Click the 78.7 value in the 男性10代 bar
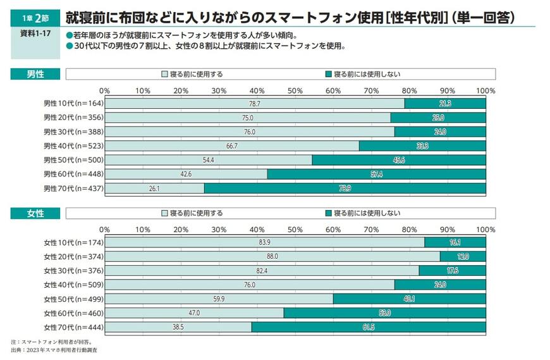(x=255, y=103)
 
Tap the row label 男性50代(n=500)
(x=73, y=160)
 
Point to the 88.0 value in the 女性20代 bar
(x=272, y=256)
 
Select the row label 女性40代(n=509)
(x=73, y=285)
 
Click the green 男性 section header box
(x=35, y=74)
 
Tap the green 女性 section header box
(x=35, y=213)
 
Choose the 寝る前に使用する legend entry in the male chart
(x=192, y=74)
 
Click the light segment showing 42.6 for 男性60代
(x=186, y=174)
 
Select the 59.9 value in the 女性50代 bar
(x=219, y=299)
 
